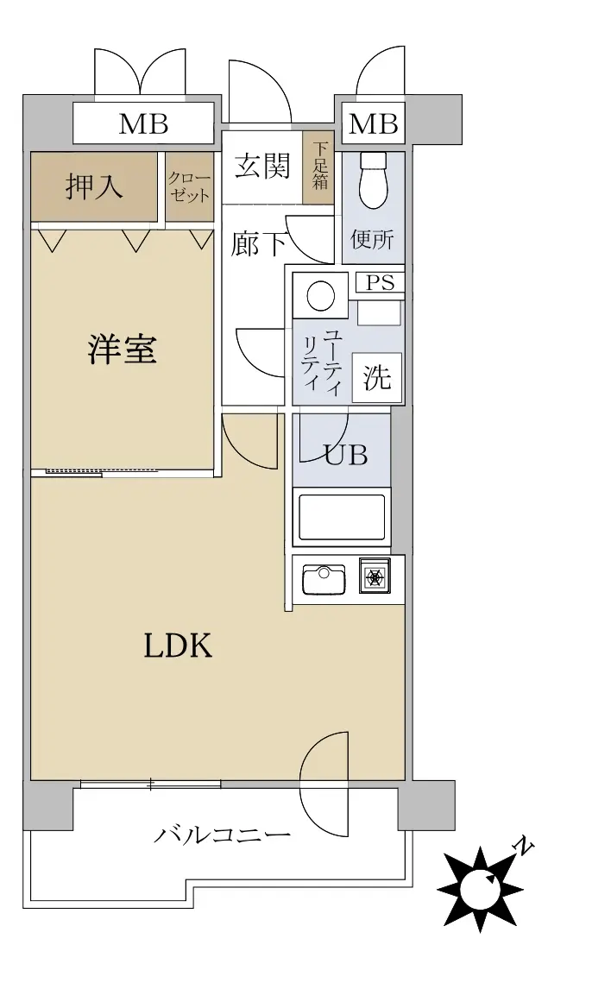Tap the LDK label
(178, 646)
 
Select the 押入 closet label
(94, 186)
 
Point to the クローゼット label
(190, 186)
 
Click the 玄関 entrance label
(262, 166)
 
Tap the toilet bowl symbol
(373, 180)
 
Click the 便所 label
(372, 239)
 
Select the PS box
(380, 282)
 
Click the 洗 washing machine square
(376, 377)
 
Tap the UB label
(346, 455)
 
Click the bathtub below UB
(342, 515)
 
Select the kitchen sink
(324, 579)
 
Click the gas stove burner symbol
(375, 576)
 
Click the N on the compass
(526, 847)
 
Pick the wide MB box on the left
(142, 123)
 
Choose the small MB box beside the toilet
(374, 123)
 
